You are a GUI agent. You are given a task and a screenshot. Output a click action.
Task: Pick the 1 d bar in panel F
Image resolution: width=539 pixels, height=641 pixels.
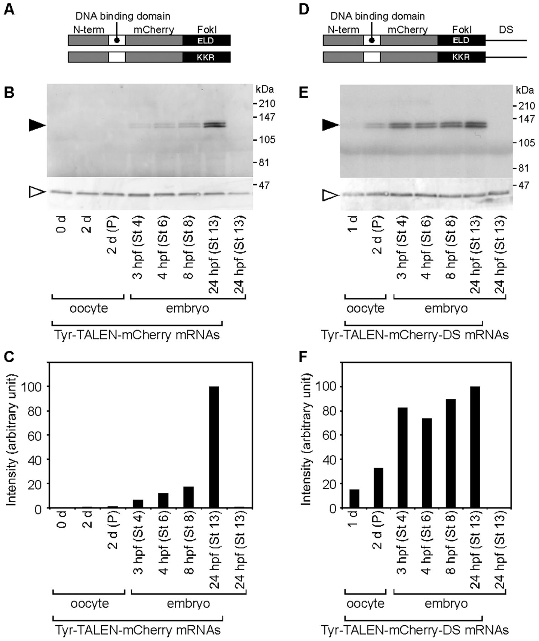click(354, 499)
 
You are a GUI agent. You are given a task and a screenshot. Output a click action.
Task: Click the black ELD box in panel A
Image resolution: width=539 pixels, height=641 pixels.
click(206, 40)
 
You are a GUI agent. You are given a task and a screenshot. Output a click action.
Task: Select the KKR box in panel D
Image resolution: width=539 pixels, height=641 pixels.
click(461, 57)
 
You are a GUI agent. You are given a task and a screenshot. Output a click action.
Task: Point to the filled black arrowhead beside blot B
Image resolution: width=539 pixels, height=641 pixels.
click(37, 125)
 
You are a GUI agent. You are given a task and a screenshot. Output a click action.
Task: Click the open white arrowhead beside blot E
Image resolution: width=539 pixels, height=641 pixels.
click(329, 195)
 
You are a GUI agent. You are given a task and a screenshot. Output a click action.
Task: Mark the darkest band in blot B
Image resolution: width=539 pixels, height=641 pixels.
click(214, 125)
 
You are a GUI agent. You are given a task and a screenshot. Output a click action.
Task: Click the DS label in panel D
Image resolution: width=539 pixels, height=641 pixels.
click(506, 29)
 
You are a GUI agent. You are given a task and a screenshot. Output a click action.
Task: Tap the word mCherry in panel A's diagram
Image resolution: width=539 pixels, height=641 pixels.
click(154, 29)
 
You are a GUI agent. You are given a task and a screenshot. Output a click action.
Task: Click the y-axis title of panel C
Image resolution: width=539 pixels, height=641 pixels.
click(12, 439)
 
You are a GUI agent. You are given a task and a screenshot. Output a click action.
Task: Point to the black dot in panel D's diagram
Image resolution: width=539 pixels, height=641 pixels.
click(372, 40)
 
